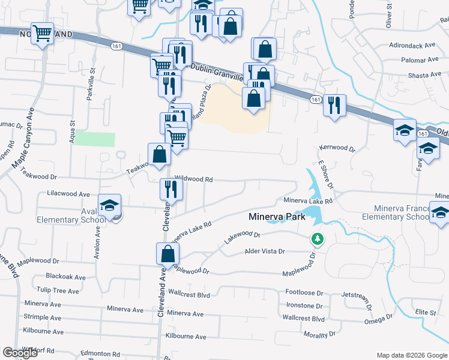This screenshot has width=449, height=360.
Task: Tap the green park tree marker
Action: (317, 239)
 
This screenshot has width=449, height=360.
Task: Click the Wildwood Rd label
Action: (194, 179)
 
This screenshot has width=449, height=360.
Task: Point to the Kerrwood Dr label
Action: (337, 147)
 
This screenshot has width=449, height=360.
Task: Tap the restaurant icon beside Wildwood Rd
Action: (168, 189)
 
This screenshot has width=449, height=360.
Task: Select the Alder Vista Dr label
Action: (264, 251)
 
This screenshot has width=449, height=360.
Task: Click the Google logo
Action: (20, 353)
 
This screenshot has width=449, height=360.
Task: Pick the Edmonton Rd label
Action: (100, 354)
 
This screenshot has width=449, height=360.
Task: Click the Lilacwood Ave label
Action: (68, 194)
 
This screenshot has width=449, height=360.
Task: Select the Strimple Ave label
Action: (43, 317)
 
